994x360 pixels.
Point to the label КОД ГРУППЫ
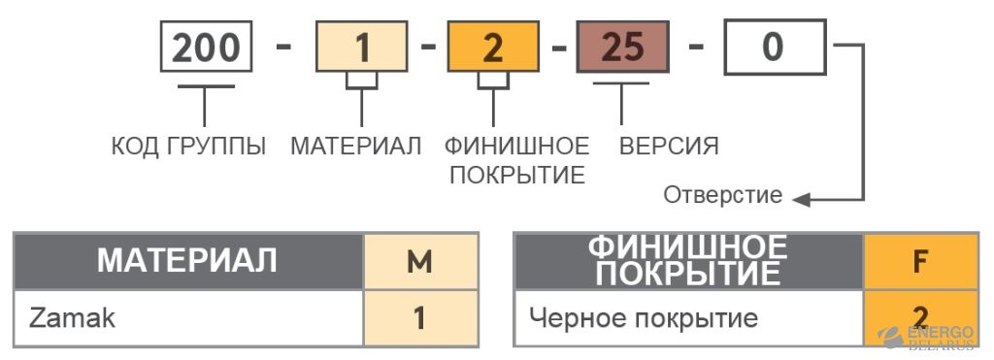pos(188,147)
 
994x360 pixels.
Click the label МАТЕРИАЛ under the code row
pos(356,147)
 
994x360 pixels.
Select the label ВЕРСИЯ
pos(669,147)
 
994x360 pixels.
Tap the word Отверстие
pos(722,196)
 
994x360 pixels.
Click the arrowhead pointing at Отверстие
pos(801,200)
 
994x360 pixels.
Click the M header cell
pos(419,261)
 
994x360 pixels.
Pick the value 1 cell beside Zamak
pos(419,318)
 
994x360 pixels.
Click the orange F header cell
pos(919,261)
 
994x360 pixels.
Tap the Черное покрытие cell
pos(687,318)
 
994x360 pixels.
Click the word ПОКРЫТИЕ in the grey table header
pos(687,275)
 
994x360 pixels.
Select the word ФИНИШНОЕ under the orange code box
pos(516,147)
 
